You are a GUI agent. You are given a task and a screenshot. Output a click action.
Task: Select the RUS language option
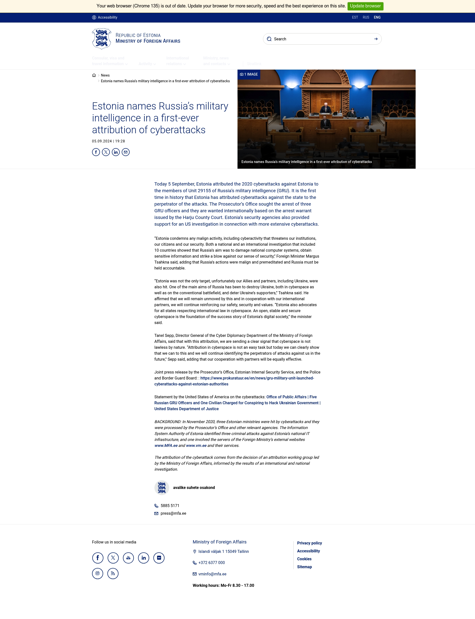[366, 17]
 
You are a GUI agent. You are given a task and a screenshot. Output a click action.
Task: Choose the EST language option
[355, 17]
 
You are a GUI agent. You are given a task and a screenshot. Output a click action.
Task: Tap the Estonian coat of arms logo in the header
[101, 39]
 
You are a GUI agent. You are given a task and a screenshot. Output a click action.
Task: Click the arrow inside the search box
[376, 39]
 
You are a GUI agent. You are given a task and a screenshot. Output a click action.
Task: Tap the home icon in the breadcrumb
[94, 75]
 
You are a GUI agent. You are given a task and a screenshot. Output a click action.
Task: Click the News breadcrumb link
[105, 75]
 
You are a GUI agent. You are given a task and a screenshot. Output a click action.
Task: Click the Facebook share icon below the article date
[96, 152]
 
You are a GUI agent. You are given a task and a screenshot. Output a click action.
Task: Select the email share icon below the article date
[125, 152]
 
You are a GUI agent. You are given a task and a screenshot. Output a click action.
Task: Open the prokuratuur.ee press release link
[257, 378]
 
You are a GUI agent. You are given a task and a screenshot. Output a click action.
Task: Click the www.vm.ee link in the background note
[196, 446]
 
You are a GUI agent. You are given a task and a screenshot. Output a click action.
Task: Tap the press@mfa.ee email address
[173, 513]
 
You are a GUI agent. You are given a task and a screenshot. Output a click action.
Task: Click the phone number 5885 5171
[170, 506]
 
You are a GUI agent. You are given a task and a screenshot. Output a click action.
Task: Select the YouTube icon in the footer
[128, 558]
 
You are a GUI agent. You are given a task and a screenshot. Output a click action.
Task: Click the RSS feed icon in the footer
[113, 574]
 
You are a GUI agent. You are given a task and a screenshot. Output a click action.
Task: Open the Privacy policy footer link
[309, 543]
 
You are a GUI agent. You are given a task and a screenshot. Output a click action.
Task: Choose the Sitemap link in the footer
[304, 567]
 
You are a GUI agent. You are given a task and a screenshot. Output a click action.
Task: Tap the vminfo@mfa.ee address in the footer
[212, 574]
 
